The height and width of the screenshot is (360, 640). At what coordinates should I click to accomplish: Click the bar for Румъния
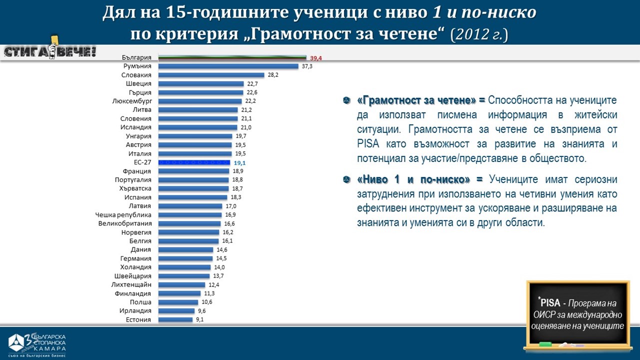(x=228, y=66)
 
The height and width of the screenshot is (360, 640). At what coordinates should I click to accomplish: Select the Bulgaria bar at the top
(x=232, y=58)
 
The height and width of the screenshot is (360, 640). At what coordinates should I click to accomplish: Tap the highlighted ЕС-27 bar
(x=194, y=162)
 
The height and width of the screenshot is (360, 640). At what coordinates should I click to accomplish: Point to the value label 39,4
(x=316, y=58)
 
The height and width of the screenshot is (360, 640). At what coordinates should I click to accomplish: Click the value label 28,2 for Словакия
(x=273, y=75)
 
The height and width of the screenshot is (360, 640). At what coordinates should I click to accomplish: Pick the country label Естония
(x=138, y=319)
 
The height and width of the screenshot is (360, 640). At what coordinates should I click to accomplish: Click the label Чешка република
(x=123, y=214)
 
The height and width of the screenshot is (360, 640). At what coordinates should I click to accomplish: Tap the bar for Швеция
(x=201, y=84)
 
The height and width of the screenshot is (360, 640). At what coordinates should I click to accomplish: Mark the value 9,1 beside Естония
(x=199, y=319)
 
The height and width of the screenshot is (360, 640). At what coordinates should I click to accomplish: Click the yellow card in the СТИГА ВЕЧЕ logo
(x=53, y=39)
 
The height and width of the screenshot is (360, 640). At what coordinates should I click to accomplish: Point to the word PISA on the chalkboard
(x=550, y=303)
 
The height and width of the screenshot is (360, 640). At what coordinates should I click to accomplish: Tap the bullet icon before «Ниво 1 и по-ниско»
(x=346, y=179)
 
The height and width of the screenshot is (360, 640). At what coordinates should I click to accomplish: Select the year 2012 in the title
(x=471, y=34)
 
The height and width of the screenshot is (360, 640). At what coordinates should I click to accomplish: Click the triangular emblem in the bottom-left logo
(x=17, y=342)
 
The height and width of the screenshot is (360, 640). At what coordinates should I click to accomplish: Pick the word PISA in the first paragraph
(x=367, y=144)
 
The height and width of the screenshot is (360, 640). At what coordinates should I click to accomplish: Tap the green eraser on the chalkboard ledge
(x=545, y=343)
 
